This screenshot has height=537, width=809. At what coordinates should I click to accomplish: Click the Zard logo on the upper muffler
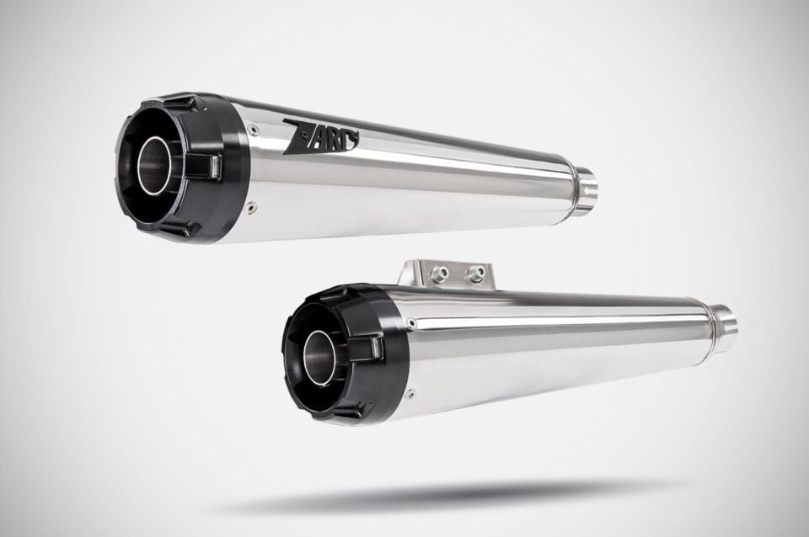321,136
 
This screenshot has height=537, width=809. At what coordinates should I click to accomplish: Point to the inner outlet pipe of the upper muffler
153,165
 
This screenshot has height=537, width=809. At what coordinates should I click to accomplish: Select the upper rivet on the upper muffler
251,130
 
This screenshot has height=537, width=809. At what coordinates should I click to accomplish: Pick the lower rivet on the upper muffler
251,207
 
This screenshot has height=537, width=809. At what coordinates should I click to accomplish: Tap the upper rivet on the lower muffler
411,324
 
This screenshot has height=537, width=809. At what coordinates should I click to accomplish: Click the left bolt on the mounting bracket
440,273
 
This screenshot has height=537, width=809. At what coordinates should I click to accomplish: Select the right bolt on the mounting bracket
476,274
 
